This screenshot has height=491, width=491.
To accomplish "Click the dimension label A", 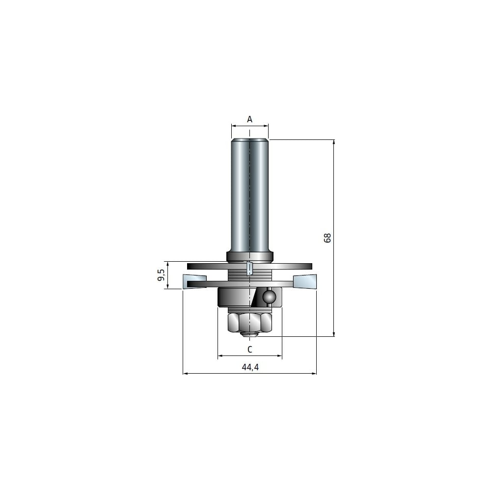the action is point(249,119).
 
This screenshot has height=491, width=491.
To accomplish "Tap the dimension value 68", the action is point(327,238).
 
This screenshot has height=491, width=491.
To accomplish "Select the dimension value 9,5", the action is point(161,274).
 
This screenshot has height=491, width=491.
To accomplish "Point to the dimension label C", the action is point(249,349).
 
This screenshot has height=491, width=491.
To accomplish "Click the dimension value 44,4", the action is point(250,367).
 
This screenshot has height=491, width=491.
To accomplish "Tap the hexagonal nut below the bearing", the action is point(249,322).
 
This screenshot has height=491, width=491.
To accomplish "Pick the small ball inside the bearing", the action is point(269,296).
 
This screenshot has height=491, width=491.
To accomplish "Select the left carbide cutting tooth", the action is point(194,280).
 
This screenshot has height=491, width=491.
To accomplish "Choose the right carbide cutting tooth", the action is point(305,281).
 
